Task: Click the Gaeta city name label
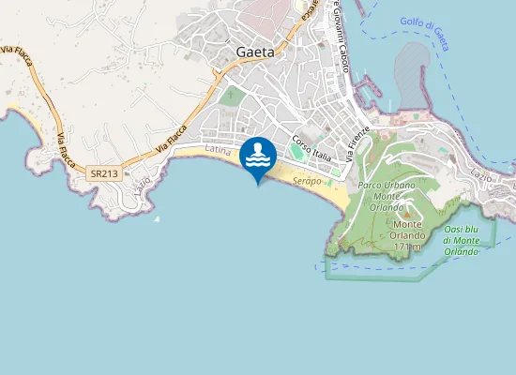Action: pos(255,52)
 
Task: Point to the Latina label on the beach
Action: pos(217,150)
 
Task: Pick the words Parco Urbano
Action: pos(384,185)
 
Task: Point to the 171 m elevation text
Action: pos(407,234)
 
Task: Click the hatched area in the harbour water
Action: pos(413,75)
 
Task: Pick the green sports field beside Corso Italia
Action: pos(298,150)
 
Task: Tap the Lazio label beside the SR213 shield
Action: pos(143,178)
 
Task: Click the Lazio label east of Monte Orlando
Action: pos(479,175)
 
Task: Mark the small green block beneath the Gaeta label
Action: pos(231,96)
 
